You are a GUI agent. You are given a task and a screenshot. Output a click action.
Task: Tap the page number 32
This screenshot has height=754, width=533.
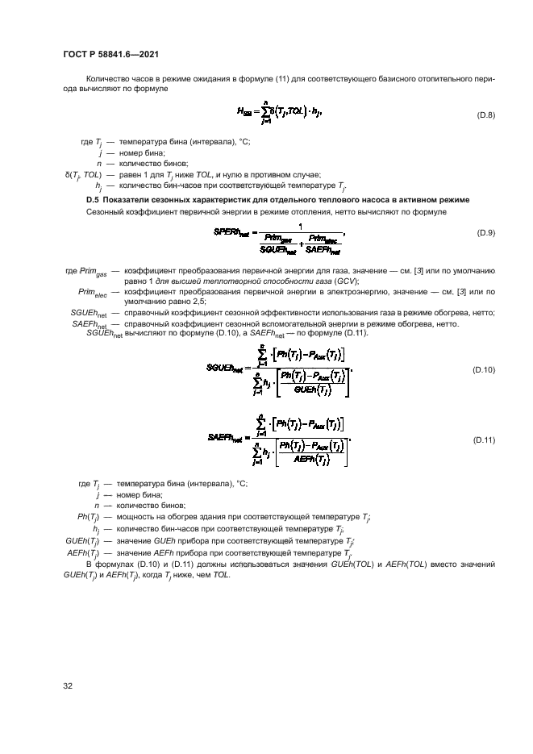pos(69,686)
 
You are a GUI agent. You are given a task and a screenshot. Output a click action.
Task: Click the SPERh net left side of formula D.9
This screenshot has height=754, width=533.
pos(234,232)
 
